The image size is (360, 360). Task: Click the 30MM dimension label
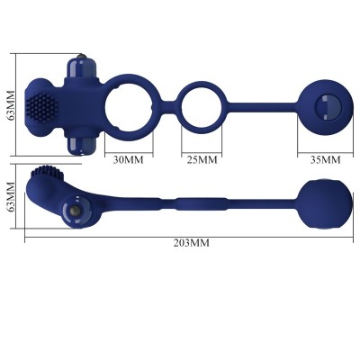[x=129, y=160]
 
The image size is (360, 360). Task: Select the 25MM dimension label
[x=202, y=160]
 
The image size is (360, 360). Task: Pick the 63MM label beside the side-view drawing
[x=11, y=200]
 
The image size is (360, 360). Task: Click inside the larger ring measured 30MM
[x=128, y=105]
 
